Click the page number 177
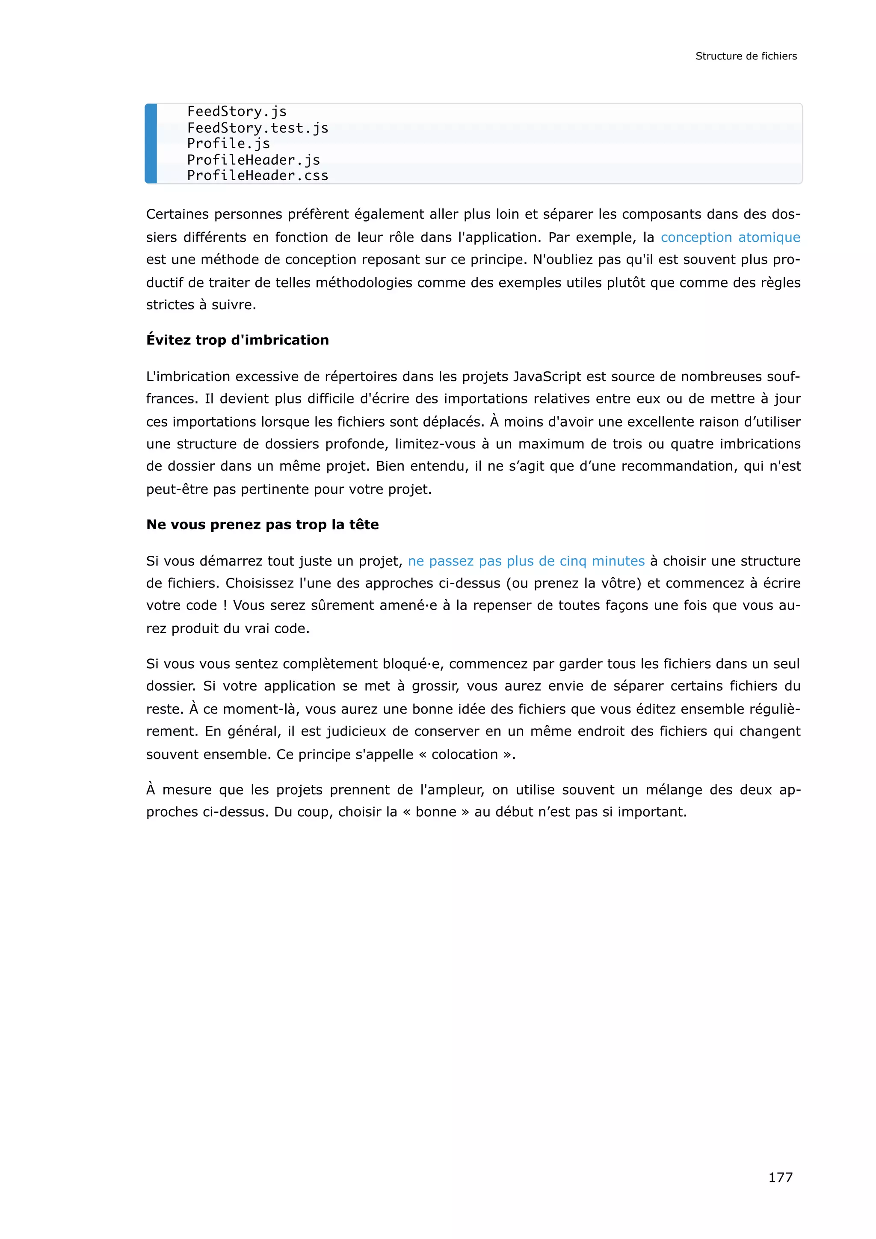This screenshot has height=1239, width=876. click(780, 1177)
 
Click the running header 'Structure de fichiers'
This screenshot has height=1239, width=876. click(746, 56)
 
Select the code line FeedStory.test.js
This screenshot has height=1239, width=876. click(257, 128)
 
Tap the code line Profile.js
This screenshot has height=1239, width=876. click(228, 144)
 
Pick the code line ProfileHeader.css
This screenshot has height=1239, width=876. click(257, 175)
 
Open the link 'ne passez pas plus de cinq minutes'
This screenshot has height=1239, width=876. click(526, 561)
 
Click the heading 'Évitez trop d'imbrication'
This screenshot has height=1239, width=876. click(237, 340)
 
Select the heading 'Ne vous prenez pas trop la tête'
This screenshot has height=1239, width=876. click(262, 525)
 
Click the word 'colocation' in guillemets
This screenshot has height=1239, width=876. click(465, 754)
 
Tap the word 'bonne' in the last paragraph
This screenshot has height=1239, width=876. click(436, 812)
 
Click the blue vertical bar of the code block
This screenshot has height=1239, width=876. click(151, 144)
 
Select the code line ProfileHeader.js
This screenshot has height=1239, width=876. click(254, 160)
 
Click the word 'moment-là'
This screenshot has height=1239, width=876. click(260, 709)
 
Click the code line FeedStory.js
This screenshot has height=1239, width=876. click(237, 112)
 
